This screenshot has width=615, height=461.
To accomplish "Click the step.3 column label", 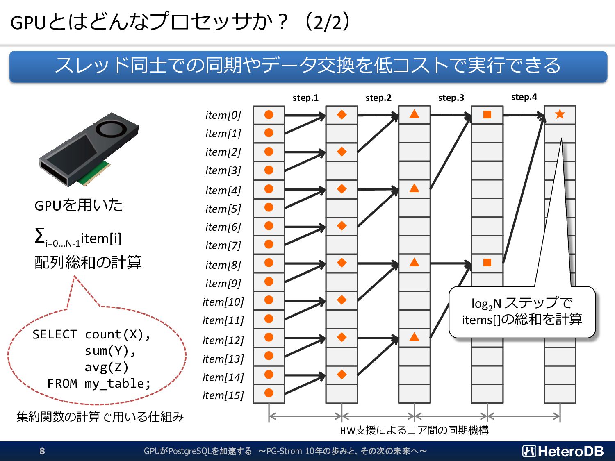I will [451, 98].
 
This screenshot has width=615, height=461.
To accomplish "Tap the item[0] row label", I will [223, 115].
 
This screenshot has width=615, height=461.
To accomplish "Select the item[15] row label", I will [223, 395].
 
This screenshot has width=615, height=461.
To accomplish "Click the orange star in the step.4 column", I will [560, 114].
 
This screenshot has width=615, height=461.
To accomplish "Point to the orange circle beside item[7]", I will [269, 244].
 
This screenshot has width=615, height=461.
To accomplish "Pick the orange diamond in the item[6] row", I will [342, 226].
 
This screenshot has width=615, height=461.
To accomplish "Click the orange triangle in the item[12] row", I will [415, 337].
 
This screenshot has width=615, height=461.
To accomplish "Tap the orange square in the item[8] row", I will [487, 263].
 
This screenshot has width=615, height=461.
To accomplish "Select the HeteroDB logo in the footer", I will [563, 451].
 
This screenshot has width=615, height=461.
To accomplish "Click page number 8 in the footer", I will [42, 451].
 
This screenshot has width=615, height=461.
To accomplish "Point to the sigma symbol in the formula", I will [40, 236].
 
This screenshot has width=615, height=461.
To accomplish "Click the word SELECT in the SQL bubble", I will [55, 334].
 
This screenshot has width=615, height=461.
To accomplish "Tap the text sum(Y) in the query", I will [109, 351].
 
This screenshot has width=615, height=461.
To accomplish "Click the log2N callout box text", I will [522, 311].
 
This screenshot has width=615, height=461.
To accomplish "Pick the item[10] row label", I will [223, 302].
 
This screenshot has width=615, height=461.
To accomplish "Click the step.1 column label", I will [305, 98].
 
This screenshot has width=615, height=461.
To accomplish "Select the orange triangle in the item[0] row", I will [415, 114].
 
